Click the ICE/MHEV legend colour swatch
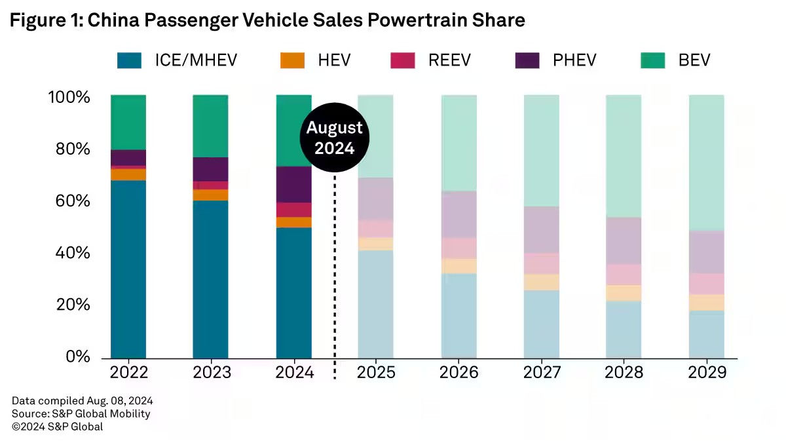130,60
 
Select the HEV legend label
334,60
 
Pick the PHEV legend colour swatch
527,60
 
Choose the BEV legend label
694,60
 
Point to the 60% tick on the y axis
68,201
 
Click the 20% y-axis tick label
68,305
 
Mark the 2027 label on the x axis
542,372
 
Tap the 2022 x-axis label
128,372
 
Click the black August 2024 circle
335,138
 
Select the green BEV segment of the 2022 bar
128,123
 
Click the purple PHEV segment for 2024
293,184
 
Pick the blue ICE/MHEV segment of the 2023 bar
210,279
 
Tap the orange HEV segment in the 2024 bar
293,222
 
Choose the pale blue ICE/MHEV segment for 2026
459,315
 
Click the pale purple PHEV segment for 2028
624,241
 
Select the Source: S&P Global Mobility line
81,414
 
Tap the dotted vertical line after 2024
335,275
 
